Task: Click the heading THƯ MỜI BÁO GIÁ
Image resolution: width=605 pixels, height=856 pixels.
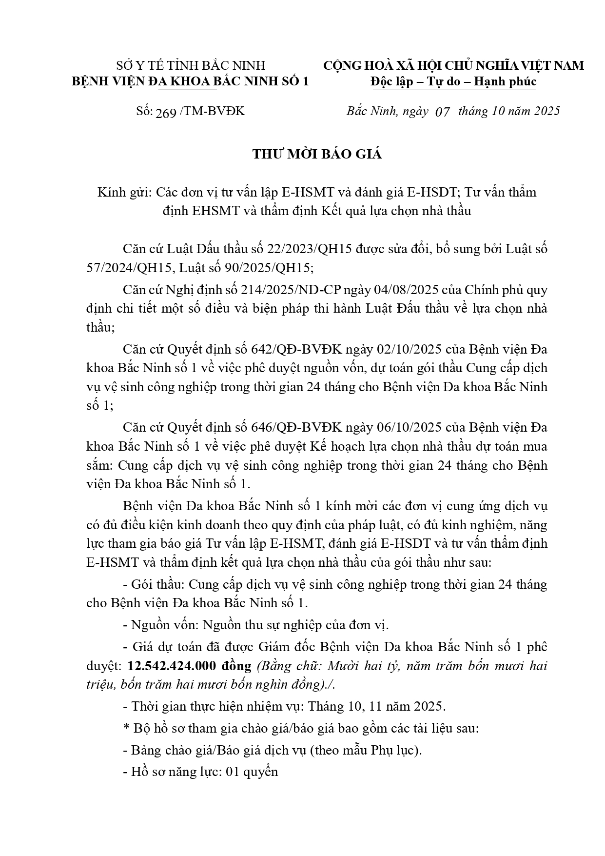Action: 317,155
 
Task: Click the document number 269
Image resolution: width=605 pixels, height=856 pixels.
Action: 166,112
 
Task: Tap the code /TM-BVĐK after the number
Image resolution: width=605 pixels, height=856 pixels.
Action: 213,111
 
